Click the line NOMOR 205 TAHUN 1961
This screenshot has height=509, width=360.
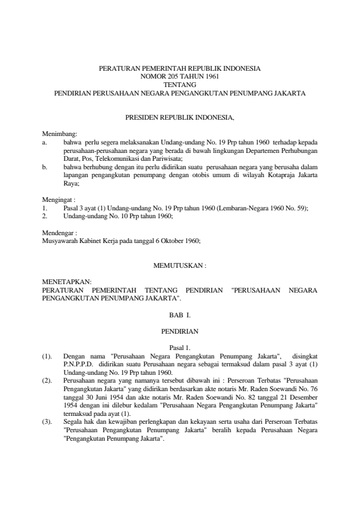coord(180,77)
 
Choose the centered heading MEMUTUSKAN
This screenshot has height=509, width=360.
coord(180,264)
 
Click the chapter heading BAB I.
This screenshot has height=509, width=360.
coord(180,315)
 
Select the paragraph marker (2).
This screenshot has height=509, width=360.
coord(48,382)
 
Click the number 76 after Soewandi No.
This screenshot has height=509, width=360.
coord(313,391)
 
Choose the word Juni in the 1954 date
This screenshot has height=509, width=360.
coord(98,399)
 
